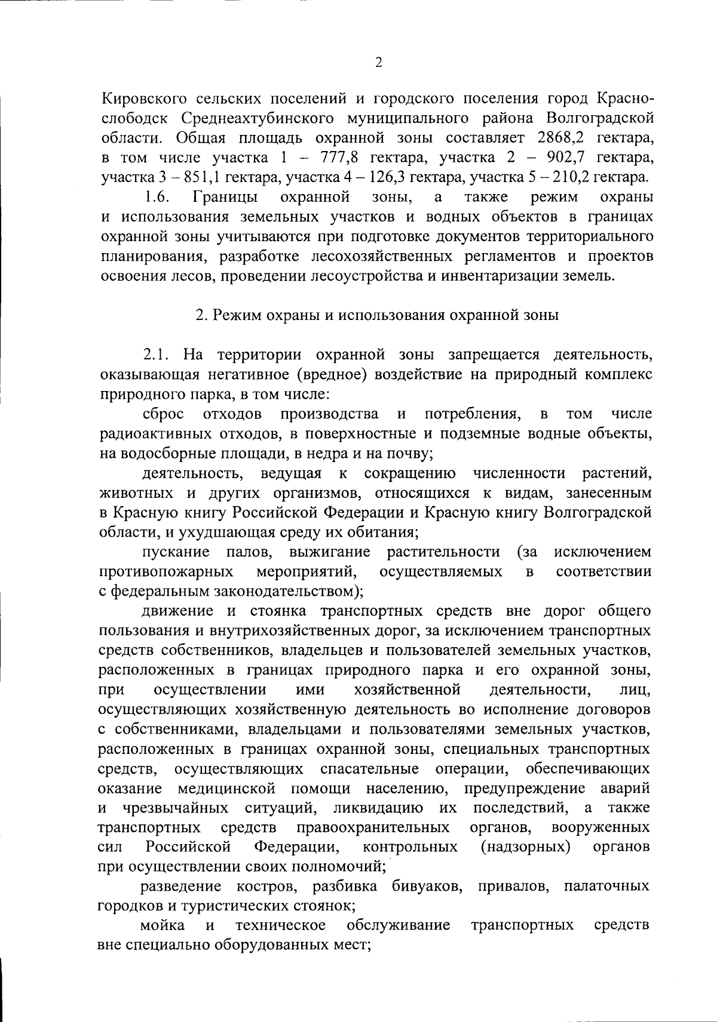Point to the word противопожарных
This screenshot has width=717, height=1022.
(166, 571)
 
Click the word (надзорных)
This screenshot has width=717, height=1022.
(525, 847)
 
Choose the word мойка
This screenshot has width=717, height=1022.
(163, 925)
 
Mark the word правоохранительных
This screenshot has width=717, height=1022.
(373, 827)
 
